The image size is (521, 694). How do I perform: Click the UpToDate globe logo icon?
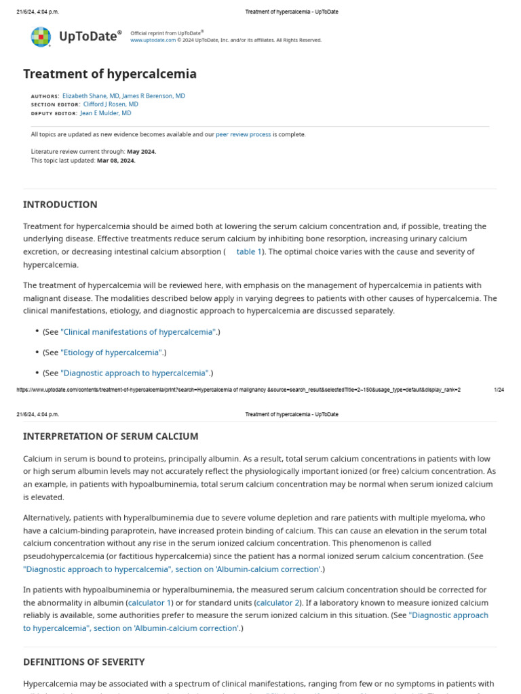pos(41,37)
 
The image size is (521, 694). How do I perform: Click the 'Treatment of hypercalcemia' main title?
pos(110,74)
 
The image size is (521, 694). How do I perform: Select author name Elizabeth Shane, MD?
pos(91,96)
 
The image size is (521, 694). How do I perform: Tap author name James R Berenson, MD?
pos(153,96)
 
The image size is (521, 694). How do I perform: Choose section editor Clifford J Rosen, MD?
pos(111,104)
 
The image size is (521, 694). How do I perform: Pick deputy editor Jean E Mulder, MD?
pos(106,113)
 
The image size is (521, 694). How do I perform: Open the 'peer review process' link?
pos(243,134)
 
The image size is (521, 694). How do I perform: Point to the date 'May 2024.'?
pos(141,152)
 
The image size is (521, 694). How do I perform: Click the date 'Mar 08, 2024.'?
pos(116,161)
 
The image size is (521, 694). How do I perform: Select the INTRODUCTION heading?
pos(60,205)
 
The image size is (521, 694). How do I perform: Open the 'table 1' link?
pos(249,251)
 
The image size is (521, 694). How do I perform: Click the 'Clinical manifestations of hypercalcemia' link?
pos(138,332)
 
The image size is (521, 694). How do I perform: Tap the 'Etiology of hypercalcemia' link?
pos(111,352)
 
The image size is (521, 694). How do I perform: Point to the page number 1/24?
pos(499,390)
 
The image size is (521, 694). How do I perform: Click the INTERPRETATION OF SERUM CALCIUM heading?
pos(111,436)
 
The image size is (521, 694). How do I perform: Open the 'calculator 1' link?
pos(149,603)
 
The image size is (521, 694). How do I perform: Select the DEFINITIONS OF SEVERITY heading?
pos(83,661)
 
